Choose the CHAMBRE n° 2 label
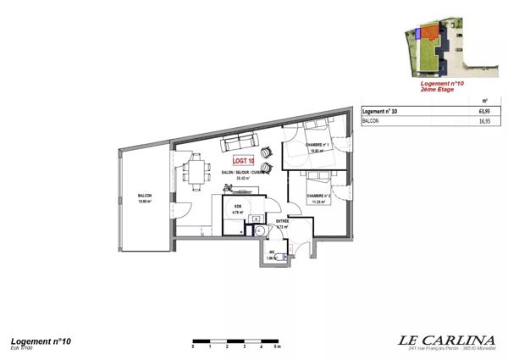318,197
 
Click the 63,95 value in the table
484,110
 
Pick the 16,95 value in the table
484,121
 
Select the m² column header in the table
484,99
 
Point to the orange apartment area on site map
432,34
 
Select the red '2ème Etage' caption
442,91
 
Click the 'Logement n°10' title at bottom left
40,340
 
